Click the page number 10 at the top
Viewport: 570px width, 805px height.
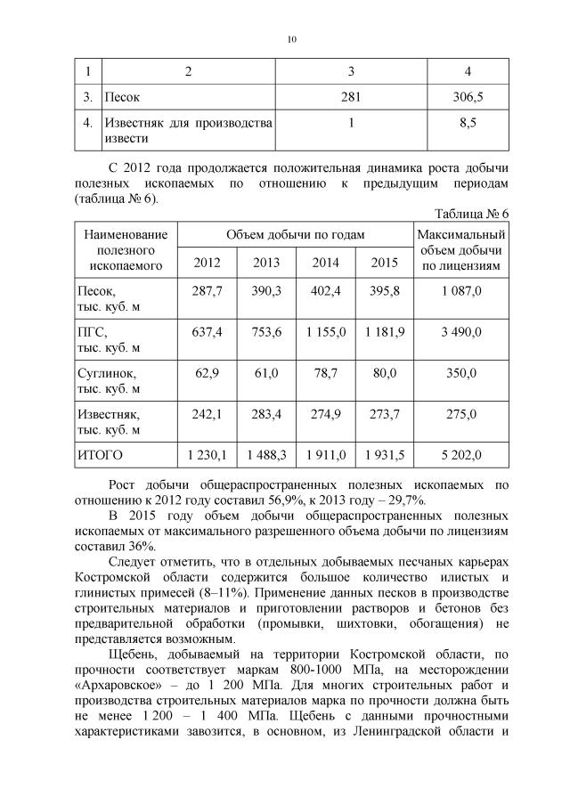point(291,38)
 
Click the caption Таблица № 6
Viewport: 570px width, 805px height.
point(470,215)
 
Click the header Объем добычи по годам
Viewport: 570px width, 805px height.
point(296,234)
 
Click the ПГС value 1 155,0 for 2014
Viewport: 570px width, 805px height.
point(325,332)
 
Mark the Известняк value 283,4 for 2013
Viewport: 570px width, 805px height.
point(266,414)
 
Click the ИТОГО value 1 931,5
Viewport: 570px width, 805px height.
point(384,455)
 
